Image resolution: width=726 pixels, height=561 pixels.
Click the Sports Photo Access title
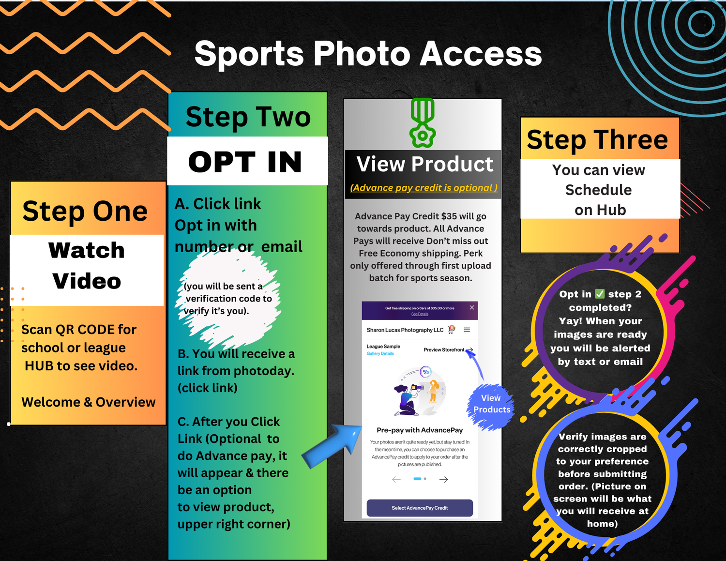tap(368, 54)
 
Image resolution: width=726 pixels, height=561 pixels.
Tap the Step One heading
tap(85, 211)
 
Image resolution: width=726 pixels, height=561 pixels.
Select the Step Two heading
tap(248, 117)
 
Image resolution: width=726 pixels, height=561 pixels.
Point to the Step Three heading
tap(597, 139)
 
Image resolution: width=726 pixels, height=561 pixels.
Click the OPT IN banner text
tap(245, 162)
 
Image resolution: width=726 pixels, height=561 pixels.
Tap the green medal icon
tap(423, 122)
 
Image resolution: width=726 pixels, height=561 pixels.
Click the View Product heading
tap(424, 164)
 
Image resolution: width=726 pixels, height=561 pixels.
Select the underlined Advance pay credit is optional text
tap(423, 188)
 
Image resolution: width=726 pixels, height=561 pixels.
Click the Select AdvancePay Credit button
tap(420, 508)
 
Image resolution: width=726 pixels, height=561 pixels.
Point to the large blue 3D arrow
tap(333, 446)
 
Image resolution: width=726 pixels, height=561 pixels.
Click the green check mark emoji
tap(600, 294)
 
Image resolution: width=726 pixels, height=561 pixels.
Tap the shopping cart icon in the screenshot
tap(452, 330)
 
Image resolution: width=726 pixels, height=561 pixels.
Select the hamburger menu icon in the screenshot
tap(467, 330)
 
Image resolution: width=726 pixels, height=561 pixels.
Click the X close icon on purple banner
tap(472, 307)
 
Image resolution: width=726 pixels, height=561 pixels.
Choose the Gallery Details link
tap(380, 353)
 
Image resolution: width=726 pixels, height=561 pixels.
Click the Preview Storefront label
tap(444, 350)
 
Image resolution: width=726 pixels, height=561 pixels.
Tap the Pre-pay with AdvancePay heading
tap(420, 430)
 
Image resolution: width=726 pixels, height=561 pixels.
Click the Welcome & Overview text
tap(89, 402)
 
